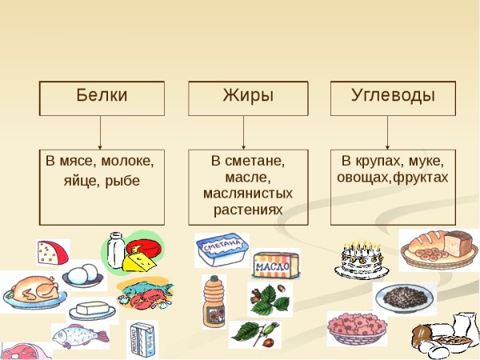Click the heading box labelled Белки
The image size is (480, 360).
102,97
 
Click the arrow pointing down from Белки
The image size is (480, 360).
101,132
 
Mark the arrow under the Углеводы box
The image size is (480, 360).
389,132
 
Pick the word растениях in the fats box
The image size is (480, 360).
248,210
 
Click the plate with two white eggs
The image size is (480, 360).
82,277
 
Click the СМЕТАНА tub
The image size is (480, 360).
221,250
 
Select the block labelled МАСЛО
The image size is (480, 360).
276,265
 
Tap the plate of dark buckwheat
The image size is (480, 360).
404,297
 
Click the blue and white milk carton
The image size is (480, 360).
142,338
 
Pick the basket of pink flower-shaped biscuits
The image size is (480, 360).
357,328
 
